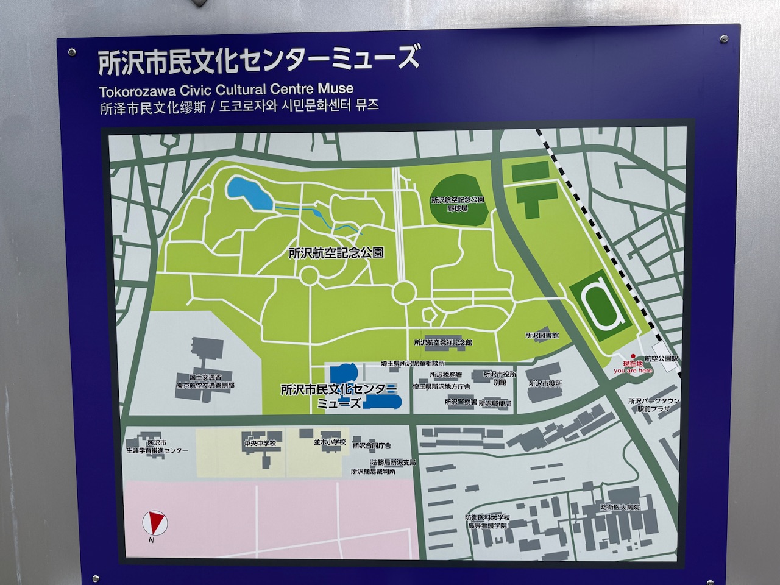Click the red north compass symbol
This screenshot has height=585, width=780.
pos(154,522)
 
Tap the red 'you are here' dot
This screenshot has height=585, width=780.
pos(633,356)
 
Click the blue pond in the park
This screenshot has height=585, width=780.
pos(250,193)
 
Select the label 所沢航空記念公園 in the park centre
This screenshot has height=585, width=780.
pos(336,253)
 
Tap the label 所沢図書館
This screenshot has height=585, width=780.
pos(542,336)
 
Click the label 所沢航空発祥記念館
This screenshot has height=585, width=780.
pos(442,342)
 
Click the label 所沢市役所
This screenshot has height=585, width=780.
pos(545,384)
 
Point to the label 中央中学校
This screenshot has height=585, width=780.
pos(260,443)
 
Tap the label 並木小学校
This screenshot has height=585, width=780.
pos(330,442)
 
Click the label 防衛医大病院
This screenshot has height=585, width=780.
pos(619,507)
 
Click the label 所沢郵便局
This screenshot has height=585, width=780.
pos(495,403)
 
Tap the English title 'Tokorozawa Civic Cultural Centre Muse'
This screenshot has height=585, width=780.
pos(225,90)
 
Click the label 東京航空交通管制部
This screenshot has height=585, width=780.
pos(206,386)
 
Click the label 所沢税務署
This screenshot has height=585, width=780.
pos(445,375)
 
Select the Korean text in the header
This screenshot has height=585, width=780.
pos(299,105)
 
